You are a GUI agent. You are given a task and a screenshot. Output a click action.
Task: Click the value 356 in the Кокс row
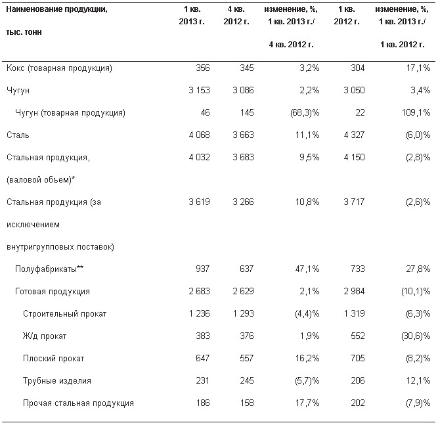(x=202, y=68)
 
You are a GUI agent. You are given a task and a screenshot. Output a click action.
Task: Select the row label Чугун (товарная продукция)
(x=70, y=113)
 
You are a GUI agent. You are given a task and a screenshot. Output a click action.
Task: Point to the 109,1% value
(x=416, y=112)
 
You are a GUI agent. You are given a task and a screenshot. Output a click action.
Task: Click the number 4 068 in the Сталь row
(x=199, y=135)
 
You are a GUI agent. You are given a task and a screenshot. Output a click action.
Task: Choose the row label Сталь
(x=18, y=135)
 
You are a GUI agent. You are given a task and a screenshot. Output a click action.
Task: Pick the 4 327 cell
(x=354, y=135)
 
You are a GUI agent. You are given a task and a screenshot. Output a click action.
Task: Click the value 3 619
(x=199, y=202)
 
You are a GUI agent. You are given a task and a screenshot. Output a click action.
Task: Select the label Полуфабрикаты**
(x=49, y=269)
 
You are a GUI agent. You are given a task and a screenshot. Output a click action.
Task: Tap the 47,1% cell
(x=307, y=269)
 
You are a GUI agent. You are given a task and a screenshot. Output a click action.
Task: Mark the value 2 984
(x=354, y=291)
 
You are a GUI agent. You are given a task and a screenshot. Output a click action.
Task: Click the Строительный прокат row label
(x=65, y=314)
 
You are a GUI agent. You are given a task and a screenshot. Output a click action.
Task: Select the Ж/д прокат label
(x=45, y=336)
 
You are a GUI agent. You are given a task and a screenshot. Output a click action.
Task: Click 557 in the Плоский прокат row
(x=247, y=358)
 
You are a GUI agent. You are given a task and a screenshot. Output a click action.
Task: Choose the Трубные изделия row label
(x=57, y=381)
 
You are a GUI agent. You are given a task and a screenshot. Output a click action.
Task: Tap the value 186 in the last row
(x=202, y=403)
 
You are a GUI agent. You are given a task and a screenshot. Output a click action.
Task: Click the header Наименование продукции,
(x=56, y=9)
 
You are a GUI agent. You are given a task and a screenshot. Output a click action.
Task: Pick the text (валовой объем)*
(x=41, y=180)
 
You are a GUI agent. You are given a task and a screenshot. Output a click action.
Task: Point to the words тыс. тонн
(x=24, y=32)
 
